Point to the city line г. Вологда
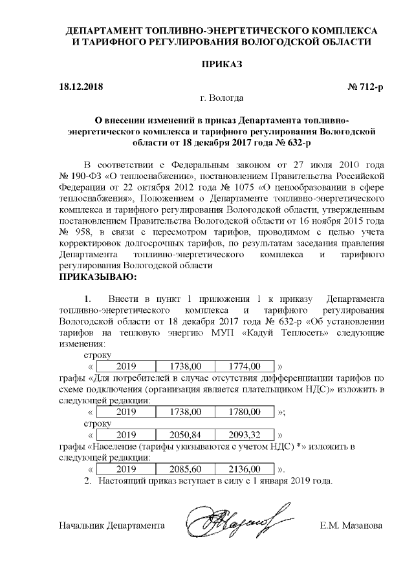222,98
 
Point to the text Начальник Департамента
109,526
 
